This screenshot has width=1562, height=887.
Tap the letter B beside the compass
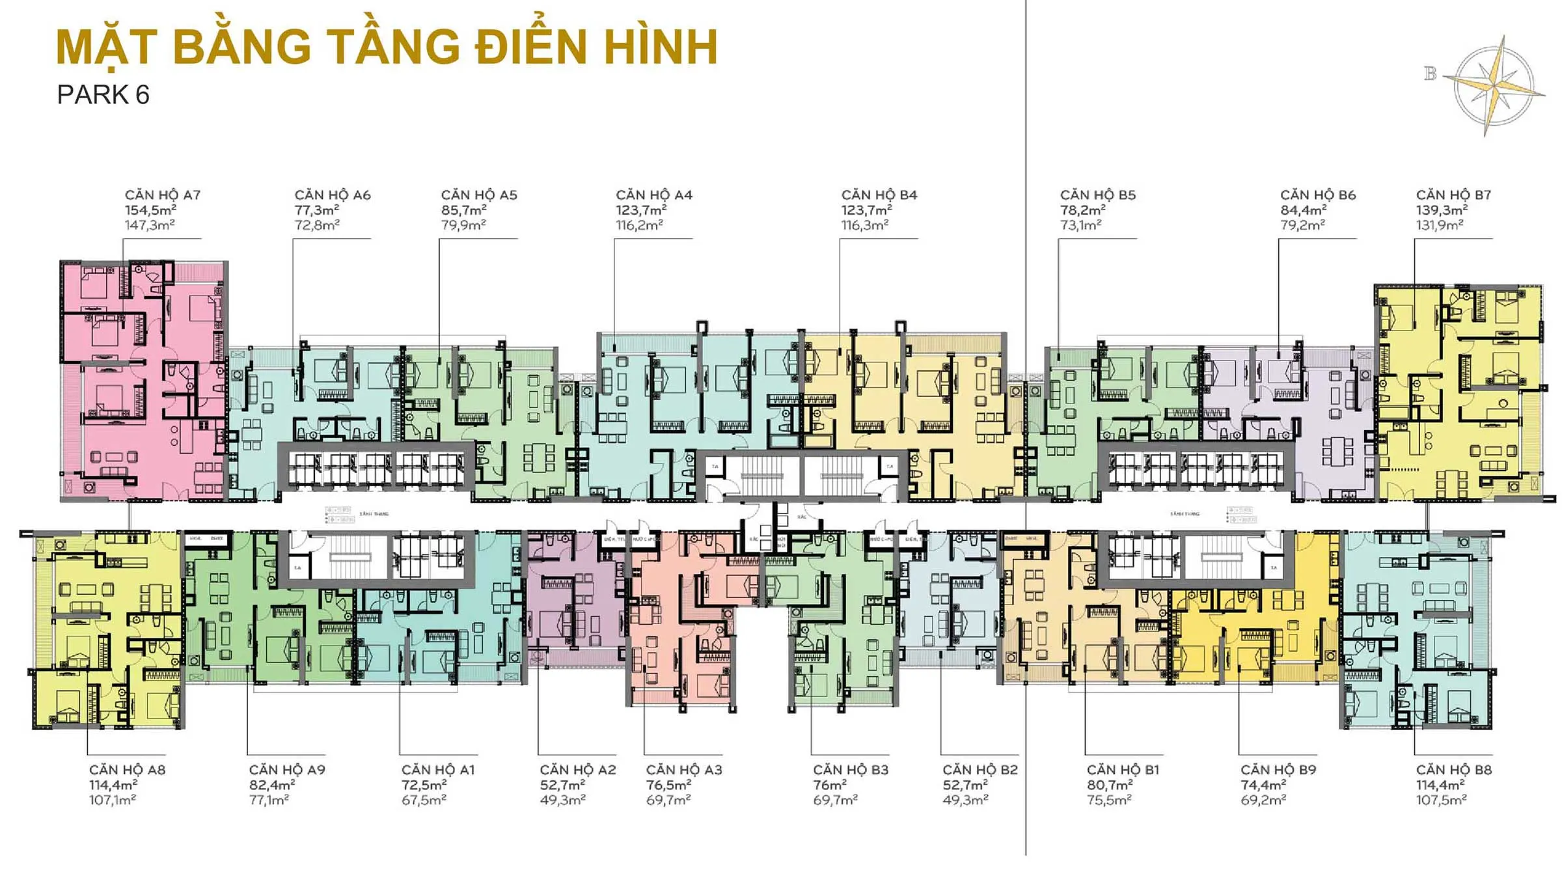point(1430,74)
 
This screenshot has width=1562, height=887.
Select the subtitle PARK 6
point(103,95)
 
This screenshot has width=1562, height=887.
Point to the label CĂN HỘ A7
point(162,195)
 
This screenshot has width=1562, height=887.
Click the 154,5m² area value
point(150,210)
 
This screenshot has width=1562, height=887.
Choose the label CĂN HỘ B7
point(1453,195)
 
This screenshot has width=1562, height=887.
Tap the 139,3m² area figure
point(1442,210)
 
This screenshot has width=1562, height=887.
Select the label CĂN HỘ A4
point(653,195)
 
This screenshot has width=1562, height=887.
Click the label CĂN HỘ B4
point(879,195)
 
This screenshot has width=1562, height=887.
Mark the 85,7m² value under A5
point(463,210)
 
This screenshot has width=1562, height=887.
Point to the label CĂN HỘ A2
point(577,770)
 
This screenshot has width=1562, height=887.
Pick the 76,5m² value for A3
point(668,785)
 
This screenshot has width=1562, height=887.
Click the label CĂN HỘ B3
point(850,770)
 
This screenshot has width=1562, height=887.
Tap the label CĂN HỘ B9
point(1278,770)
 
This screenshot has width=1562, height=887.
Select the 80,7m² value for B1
point(1109,785)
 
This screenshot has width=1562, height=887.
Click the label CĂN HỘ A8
point(127,770)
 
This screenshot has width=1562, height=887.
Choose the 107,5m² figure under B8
point(1441,800)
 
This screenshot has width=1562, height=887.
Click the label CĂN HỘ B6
point(1317,195)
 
